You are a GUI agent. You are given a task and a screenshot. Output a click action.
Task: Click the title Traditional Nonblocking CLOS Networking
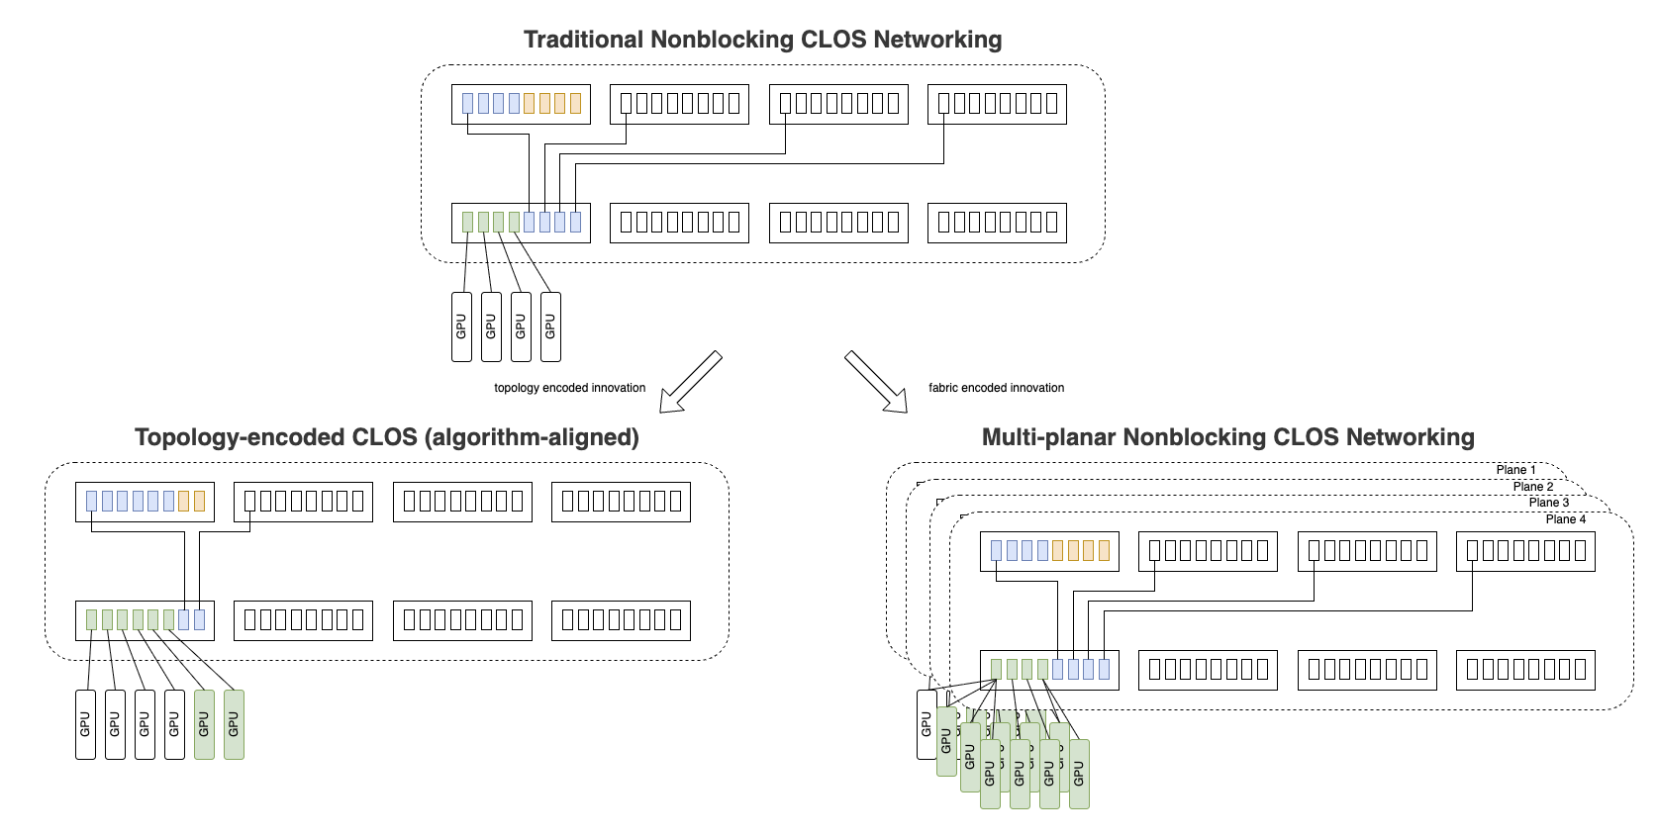(x=762, y=40)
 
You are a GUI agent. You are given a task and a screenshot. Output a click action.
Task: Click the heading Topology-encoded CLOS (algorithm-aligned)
(x=387, y=437)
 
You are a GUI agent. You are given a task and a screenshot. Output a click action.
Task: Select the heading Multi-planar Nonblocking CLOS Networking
(x=1227, y=437)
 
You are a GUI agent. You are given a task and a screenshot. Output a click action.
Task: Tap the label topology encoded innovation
(x=569, y=388)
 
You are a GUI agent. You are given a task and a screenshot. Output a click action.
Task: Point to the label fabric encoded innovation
(x=996, y=388)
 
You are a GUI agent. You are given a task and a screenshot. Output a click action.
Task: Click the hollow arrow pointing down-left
(x=691, y=381)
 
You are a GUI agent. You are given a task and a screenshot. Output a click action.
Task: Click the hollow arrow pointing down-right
(x=875, y=381)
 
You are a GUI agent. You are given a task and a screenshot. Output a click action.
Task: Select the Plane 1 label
(x=1515, y=470)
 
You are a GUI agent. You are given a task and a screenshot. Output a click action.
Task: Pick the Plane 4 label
(x=1565, y=519)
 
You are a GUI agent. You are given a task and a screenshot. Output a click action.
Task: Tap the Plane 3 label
(x=1548, y=503)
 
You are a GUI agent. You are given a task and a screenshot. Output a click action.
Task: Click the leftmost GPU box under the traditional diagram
(x=461, y=326)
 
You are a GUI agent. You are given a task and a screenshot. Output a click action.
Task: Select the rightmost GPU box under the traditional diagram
(x=550, y=326)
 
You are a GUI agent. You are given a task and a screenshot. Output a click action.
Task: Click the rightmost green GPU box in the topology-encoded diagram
(x=234, y=724)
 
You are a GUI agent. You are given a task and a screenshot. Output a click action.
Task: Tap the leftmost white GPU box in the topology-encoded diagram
(x=85, y=724)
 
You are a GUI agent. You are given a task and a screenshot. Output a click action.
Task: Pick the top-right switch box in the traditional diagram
(x=997, y=104)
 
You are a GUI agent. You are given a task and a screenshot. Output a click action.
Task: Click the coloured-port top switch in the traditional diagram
(x=521, y=104)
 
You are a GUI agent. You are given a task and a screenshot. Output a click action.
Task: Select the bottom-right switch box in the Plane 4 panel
(x=1525, y=670)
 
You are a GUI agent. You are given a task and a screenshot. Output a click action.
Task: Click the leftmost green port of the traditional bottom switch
(x=468, y=222)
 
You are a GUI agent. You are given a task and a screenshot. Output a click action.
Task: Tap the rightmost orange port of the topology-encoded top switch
(x=199, y=501)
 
